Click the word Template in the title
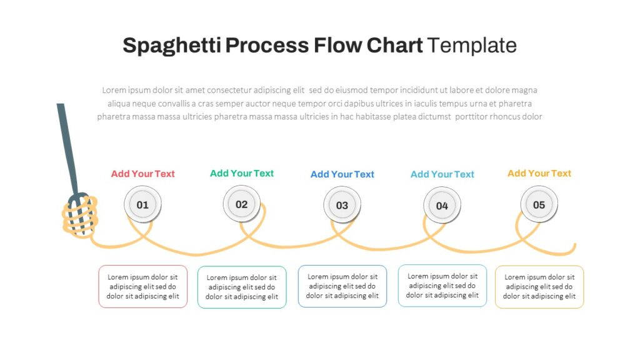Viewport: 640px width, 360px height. pos(472,46)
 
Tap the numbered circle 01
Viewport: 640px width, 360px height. pos(142,204)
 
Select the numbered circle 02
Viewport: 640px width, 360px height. pos(242,204)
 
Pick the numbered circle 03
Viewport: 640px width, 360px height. pos(342,205)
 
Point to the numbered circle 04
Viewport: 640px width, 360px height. pos(442,206)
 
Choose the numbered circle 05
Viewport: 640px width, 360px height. pos(539,204)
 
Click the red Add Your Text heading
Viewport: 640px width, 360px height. pos(142,174)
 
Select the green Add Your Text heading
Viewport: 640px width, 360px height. pos(242,173)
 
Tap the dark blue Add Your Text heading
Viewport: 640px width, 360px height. pos(342,174)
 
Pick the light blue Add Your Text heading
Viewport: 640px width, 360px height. pos(442,174)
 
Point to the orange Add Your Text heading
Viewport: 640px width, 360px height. pos(539,173)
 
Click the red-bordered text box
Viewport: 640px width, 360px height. pos(142,286)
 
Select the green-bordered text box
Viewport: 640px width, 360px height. pos(242,287)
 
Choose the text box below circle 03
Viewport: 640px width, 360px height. pos(342,286)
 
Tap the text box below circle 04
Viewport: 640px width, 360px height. pos(442,286)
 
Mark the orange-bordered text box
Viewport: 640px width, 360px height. pos(539,287)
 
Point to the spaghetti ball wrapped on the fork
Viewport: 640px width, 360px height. pos(79,216)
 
